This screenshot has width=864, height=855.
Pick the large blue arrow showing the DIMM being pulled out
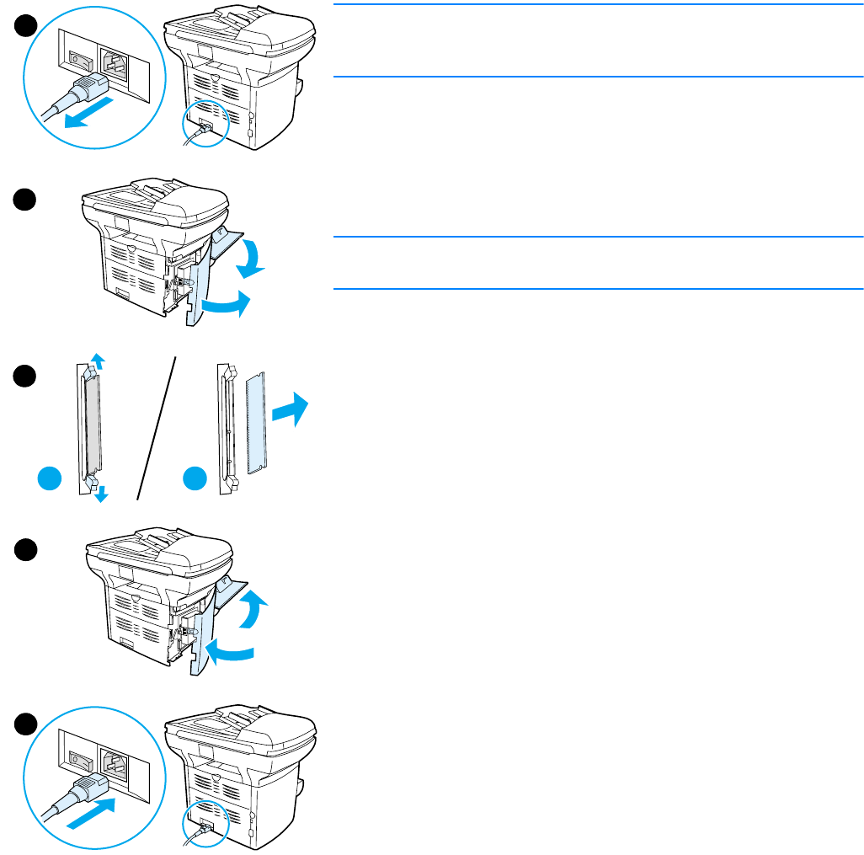(291, 410)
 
